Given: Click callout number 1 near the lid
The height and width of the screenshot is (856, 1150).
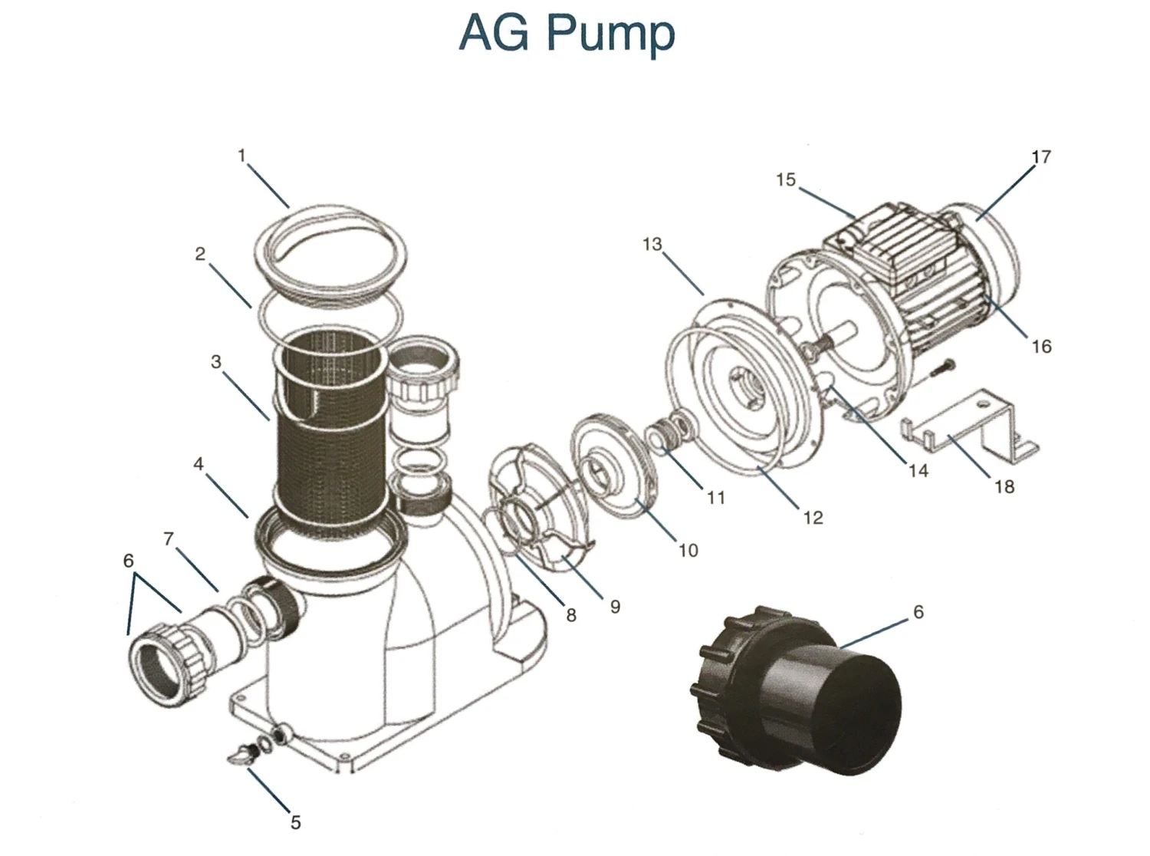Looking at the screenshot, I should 242,156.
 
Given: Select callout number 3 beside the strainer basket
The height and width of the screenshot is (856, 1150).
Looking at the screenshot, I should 216,361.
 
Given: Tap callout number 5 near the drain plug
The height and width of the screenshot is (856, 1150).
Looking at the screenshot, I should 295,822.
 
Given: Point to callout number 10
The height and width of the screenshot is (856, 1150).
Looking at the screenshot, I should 688,550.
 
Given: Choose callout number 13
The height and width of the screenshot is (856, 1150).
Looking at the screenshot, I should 652,245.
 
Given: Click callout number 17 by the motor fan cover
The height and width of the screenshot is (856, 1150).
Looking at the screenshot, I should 1040,156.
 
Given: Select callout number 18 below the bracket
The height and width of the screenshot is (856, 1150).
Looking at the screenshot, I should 1004,486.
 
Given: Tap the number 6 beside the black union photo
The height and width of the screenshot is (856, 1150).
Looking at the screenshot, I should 918,612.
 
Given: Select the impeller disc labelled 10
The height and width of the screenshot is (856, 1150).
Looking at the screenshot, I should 613,460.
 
